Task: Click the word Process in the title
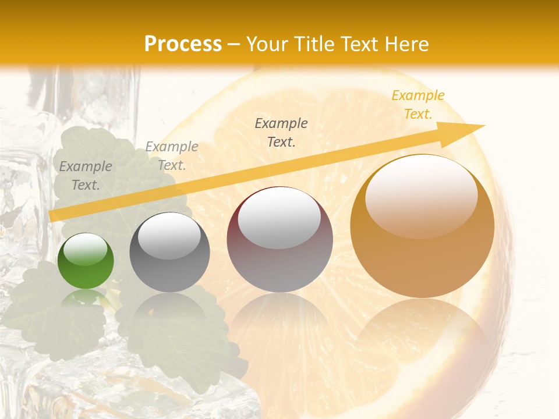tap(183, 44)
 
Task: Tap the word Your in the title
tap(267, 44)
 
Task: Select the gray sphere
tap(169, 253)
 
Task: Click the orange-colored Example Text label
tap(418, 105)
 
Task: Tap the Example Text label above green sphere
tap(86, 176)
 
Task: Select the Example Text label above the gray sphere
tap(172, 156)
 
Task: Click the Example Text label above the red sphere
tap(281, 132)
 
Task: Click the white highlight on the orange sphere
tap(422, 195)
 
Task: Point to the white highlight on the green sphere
tap(86, 249)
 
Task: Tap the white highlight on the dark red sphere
tap(279, 216)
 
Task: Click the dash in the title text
tap(234, 44)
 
